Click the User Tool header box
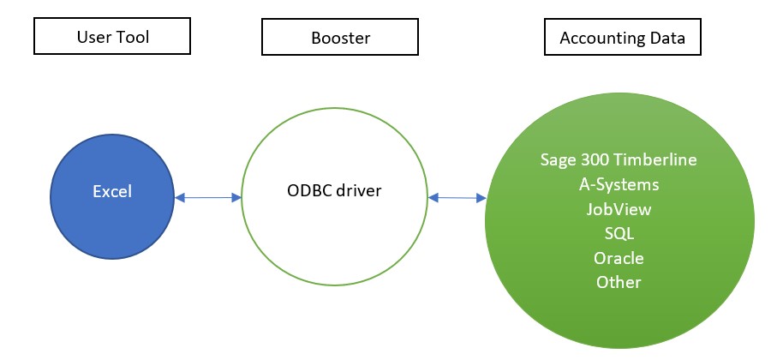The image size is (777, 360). (x=112, y=36)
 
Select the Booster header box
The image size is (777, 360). (x=340, y=37)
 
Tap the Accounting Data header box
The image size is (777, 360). (x=623, y=37)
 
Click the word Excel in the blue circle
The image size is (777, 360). (x=112, y=191)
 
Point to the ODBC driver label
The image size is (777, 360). (x=334, y=190)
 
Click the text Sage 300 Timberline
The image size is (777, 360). (x=619, y=159)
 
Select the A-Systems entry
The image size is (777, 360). (x=619, y=184)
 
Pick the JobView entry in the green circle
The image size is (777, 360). (x=619, y=209)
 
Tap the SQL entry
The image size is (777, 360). (x=619, y=233)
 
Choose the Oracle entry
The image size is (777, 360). (x=619, y=258)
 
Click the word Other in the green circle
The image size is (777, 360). (x=619, y=282)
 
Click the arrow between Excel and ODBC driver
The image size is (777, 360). (x=208, y=198)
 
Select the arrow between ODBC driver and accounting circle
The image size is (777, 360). (x=457, y=198)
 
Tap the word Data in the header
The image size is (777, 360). (x=667, y=39)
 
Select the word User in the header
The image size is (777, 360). (x=93, y=37)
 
